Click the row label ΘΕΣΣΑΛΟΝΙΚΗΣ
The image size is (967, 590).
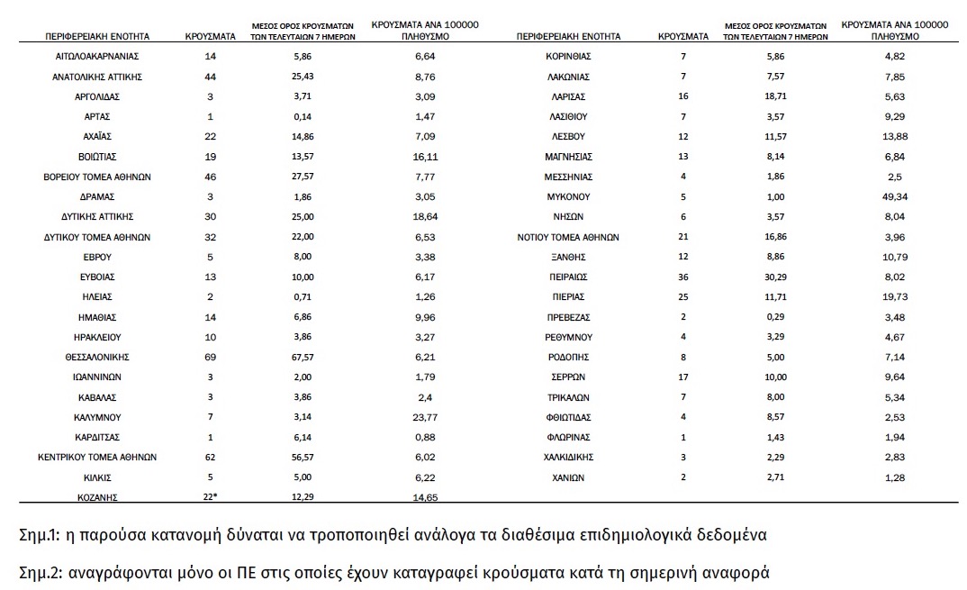(x=97, y=358)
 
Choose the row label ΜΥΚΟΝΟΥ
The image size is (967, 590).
(x=568, y=197)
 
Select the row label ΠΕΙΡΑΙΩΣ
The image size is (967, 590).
(x=568, y=277)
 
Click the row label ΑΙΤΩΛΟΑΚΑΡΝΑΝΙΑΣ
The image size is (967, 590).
(x=97, y=57)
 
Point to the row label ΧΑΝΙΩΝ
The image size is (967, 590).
(x=568, y=477)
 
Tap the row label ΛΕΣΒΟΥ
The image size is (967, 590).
(x=568, y=137)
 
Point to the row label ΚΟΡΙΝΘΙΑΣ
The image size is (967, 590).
(x=568, y=57)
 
